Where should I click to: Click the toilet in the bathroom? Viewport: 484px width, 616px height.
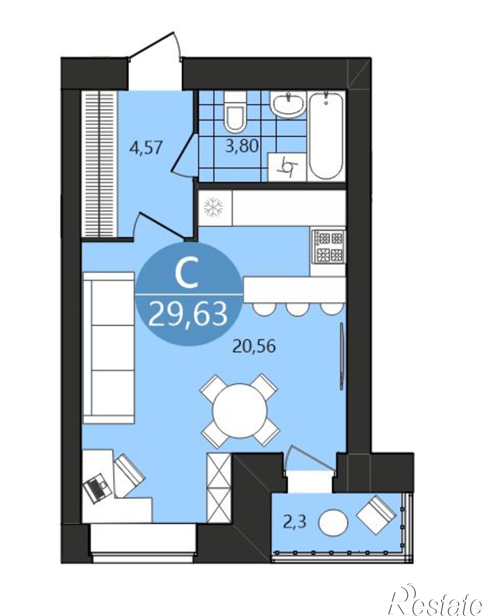coord(235,112)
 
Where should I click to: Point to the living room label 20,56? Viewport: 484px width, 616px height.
coord(254,347)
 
